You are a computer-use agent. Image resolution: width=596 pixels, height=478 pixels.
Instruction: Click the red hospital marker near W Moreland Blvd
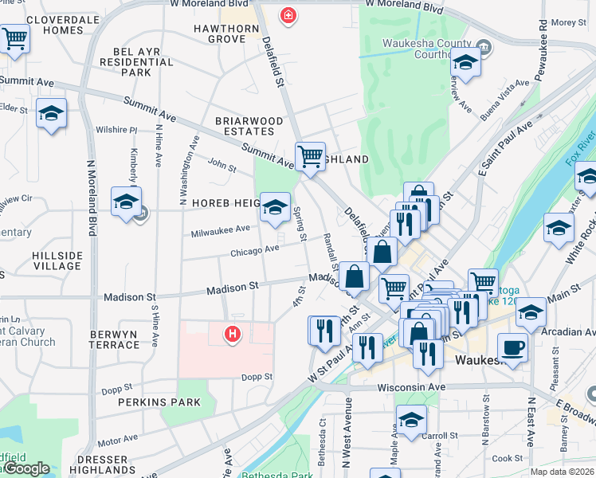(x=288, y=15)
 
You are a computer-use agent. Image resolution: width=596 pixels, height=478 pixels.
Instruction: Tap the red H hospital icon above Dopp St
(x=233, y=335)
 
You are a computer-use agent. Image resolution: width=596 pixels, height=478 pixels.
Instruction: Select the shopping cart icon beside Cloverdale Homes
(x=14, y=37)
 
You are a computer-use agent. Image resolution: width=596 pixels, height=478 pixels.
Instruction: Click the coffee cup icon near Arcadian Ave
(x=512, y=347)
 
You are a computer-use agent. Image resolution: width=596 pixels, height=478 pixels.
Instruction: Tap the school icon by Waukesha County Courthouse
(x=465, y=61)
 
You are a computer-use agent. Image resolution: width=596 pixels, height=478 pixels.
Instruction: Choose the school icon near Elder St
(x=52, y=114)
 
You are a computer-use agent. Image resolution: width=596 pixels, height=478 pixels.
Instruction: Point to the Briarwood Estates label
(x=249, y=126)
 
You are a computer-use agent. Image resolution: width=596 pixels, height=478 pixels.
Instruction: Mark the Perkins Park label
(x=159, y=402)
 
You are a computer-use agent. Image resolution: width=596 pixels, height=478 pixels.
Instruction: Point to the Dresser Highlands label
(x=104, y=465)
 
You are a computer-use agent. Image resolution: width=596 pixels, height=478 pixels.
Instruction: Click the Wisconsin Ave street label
(x=411, y=387)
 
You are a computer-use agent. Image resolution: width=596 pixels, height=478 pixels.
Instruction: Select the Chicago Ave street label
(x=254, y=250)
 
